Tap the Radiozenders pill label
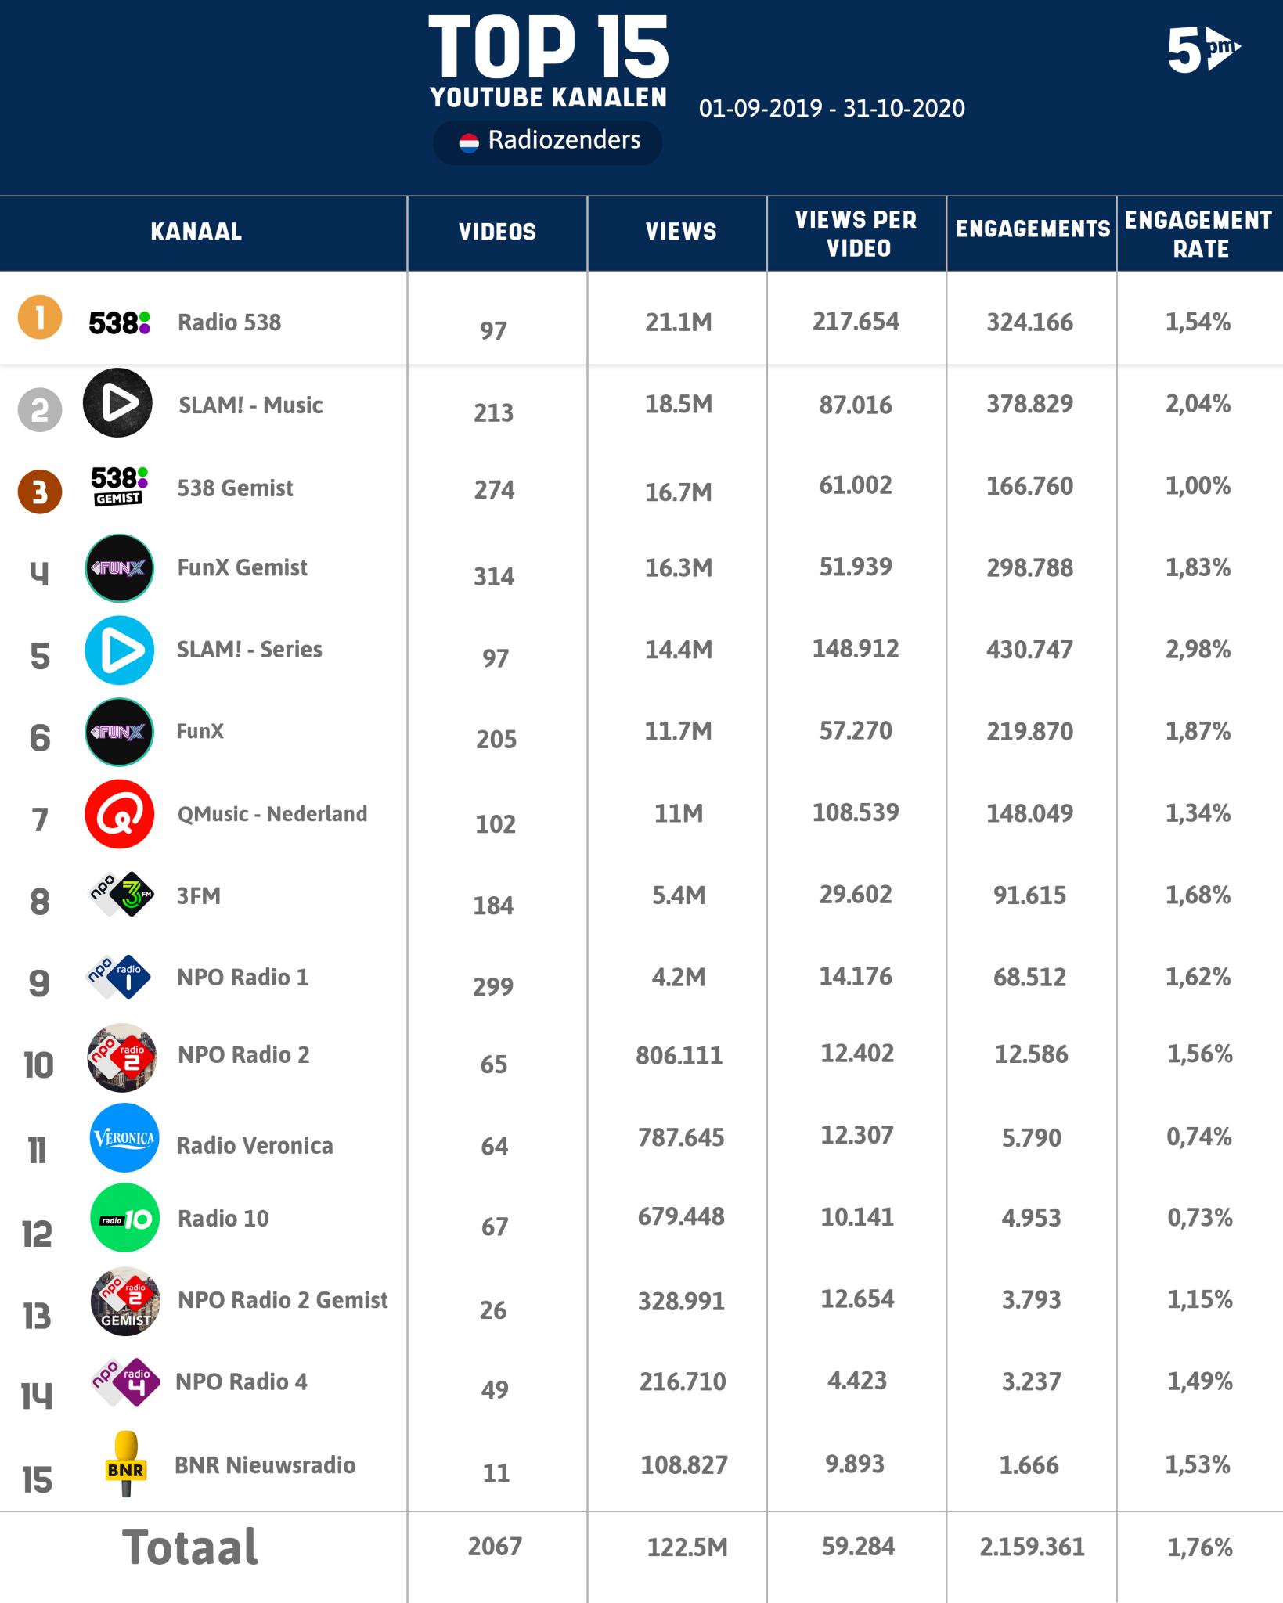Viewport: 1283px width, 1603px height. point(548,141)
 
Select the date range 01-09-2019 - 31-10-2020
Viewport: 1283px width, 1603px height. point(831,108)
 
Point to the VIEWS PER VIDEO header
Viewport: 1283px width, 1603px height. point(856,234)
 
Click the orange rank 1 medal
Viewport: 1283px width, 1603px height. point(40,319)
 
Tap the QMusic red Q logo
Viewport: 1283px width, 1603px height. point(119,814)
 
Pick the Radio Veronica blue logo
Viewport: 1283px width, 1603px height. point(124,1138)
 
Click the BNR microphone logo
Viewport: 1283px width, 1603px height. point(125,1464)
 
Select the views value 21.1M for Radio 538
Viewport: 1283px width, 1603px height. point(678,322)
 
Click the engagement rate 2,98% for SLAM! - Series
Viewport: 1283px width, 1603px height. point(1198,650)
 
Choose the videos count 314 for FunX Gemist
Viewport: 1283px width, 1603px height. point(493,577)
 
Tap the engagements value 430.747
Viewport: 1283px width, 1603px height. point(1029,650)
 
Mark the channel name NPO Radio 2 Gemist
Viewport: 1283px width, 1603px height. point(283,1300)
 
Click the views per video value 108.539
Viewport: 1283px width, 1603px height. point(856,812)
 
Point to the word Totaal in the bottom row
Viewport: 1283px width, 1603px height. point(190,1547)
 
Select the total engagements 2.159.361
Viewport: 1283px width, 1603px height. point(1032,1547)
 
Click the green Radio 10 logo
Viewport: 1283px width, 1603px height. point(124,1218)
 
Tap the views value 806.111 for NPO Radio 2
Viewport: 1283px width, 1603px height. point(679,1056)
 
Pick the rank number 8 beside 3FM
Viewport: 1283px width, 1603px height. point(39,902)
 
